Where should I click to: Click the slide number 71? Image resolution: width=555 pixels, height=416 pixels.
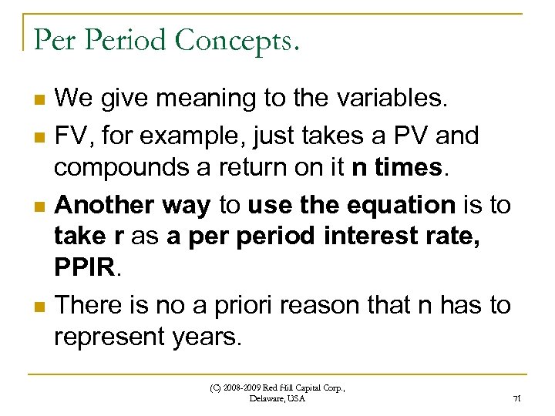[x=517, y=399]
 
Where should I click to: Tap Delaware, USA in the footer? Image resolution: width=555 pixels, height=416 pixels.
[x=277, y=398]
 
